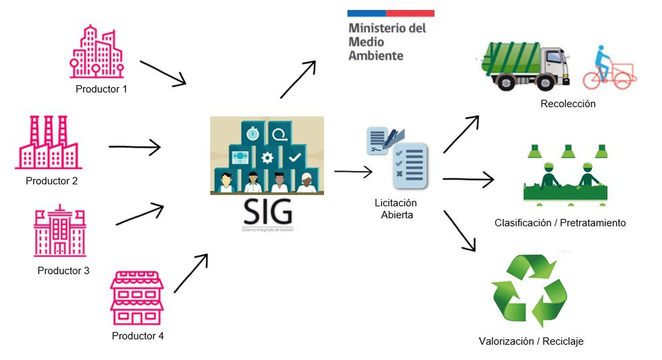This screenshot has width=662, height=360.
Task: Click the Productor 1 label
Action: [x=101, y=89]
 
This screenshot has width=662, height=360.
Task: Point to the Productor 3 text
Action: [x=63, y=271]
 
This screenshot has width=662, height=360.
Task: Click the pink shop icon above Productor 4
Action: [x=136, y=297]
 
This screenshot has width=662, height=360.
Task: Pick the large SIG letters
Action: [x=267, y=212]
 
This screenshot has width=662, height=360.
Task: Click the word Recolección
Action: [x=568, y=104]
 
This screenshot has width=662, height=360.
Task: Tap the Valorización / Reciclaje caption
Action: [x=531, y=341]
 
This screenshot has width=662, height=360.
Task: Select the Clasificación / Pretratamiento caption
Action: [x=560, y=223]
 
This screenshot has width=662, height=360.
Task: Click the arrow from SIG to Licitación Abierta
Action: [x=353, y=172]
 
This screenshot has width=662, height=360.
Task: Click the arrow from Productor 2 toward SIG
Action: [x=135, y=146]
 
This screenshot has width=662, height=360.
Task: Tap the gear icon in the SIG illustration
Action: [x=267, y=158]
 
